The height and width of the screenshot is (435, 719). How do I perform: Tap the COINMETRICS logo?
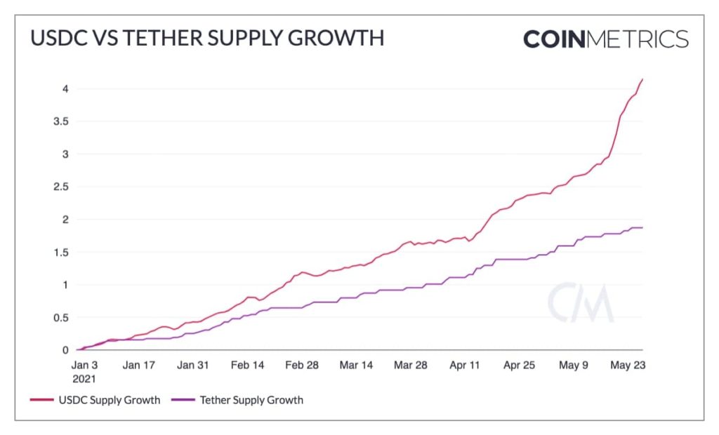point(605,39)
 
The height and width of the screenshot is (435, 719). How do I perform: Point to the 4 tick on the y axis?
point(65,88)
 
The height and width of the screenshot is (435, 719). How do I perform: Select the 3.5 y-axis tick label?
point(60,121)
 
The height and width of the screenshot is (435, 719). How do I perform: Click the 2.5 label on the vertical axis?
point(60,187)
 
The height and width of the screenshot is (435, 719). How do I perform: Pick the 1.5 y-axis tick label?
point(60,252)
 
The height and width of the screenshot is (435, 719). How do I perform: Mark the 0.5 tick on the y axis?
point(60,317)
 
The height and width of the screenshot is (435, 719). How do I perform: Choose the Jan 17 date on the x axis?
point(139,365)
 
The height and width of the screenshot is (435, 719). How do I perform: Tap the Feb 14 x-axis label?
point(247,365)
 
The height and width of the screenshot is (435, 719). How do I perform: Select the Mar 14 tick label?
point(357,365)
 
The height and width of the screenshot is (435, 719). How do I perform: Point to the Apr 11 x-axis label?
point(465,365)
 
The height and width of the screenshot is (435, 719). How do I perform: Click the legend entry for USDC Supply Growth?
point(95,400)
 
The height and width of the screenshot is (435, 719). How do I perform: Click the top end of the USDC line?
point(642,79)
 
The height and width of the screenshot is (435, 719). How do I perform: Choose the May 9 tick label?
point(574,365)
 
